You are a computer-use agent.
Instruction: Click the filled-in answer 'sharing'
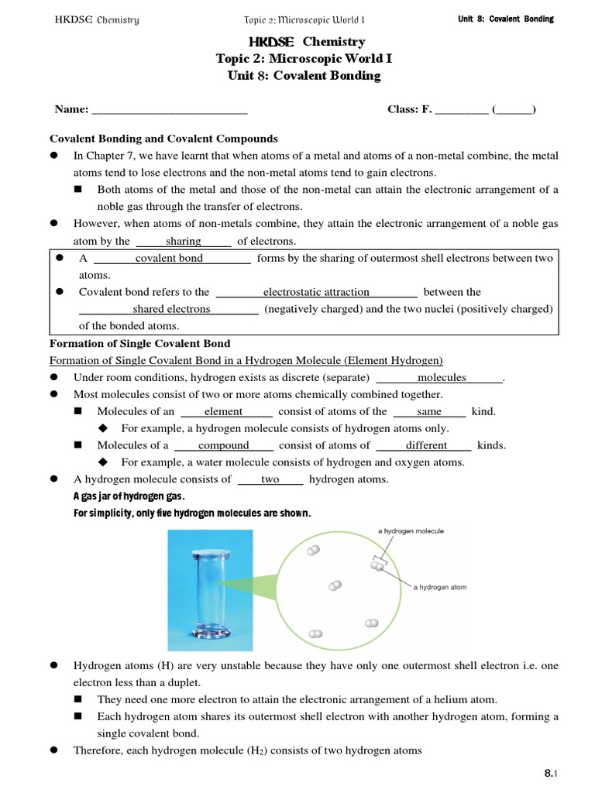tap(184, 241)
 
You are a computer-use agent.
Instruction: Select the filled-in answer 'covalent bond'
tap(169, 258)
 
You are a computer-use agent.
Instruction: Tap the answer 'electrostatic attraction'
tap(316, 292)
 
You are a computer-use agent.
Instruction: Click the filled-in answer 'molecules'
tap(442, 377)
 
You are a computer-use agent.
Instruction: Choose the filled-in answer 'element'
tap(223, 411)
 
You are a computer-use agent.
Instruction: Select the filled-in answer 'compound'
tap(224, 445)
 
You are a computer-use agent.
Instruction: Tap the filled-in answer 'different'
tap(426, 445)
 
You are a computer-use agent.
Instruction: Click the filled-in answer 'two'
tap(270, 479)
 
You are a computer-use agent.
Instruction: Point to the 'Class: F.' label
tap(409, 109)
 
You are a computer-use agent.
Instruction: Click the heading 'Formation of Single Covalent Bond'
tap(139, 343)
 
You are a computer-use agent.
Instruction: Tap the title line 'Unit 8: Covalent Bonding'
tap(304, 75)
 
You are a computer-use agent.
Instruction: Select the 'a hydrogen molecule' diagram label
tap(411, 531)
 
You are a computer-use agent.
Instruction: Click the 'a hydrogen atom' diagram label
tap(440, 587)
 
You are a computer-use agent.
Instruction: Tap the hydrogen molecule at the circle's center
tap(335, 585)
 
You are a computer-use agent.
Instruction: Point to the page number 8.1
tap(551, 773)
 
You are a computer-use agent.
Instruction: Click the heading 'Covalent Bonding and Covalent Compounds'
tap(163, 139)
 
